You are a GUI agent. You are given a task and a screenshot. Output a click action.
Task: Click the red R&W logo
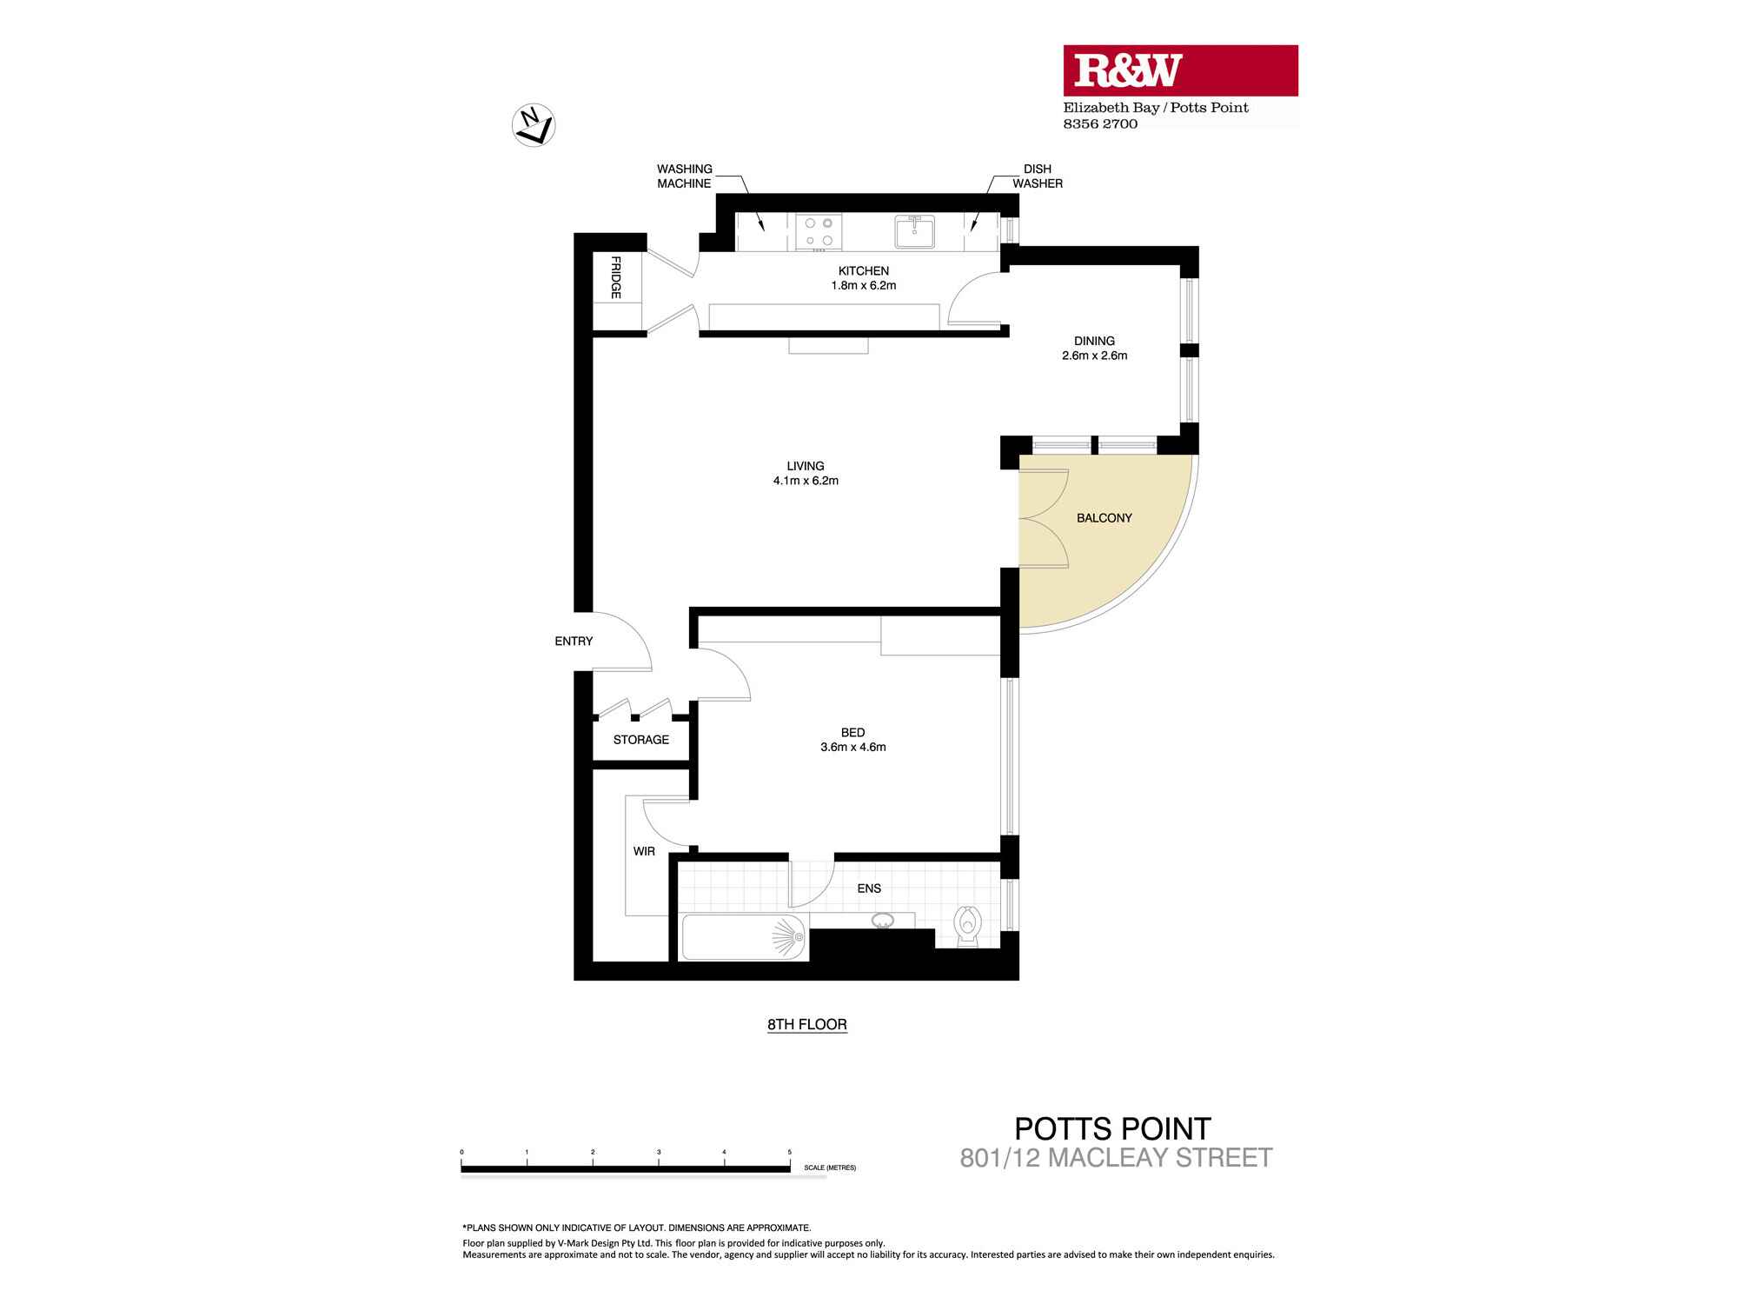[1180, 70]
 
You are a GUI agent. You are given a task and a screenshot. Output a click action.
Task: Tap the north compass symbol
[534, 125]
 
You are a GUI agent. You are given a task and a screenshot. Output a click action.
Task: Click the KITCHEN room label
[863, 271]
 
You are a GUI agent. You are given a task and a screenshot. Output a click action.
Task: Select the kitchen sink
[914, 232]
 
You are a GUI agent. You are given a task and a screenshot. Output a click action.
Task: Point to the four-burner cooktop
[819, 232]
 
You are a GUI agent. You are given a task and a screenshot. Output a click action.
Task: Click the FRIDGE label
[616, 277]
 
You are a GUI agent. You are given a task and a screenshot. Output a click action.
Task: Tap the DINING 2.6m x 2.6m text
[1094, 348]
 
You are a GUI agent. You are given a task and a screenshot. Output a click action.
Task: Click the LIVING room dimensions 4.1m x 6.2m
[806, 481]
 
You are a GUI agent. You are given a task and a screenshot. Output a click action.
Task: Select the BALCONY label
[1104, 518]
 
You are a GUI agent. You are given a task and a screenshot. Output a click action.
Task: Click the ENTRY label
[574, 642]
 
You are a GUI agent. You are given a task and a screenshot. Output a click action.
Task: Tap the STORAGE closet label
[641, 740]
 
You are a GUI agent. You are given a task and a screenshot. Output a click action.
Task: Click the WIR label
[644, 851]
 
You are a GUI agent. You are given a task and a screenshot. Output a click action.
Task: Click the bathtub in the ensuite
[743, 938]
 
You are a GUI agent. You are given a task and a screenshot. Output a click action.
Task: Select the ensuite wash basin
[883, 921]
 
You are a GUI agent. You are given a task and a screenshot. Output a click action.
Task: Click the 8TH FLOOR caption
[806, 1025]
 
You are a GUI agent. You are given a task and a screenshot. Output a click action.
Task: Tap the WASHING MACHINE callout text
[684, 176]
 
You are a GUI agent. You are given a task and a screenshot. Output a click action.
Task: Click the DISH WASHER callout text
[1037, 176]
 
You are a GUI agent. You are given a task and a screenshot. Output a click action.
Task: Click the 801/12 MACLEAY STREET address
[1116, 1158]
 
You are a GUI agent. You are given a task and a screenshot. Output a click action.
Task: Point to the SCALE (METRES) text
[830, 1168]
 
